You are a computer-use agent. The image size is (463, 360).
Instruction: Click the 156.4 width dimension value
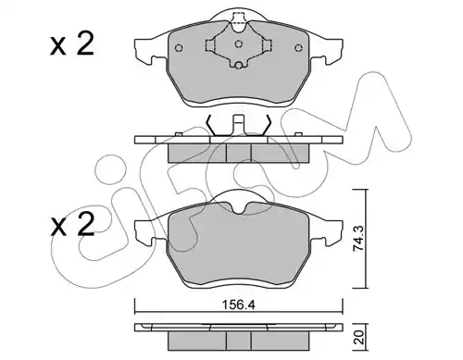coord(238,305)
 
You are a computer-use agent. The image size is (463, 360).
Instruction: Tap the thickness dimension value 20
coord(360,338)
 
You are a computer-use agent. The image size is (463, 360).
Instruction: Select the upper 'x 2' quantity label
coord(72,44)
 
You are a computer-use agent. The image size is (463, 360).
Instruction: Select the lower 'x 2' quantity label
coord(72,225)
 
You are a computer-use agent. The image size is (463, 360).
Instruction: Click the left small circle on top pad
coord(179,48)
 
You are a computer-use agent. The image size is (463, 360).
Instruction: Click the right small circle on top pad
coord(298,48)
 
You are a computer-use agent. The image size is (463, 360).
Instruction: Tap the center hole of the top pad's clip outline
coord(238,44)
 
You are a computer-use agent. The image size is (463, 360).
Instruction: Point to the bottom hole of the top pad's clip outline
coord(238,66)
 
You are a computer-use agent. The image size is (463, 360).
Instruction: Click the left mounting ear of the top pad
coord(144,51)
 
